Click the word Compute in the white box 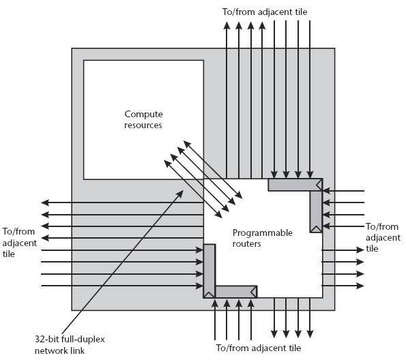(x=143, y=114)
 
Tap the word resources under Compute (x=143, y=125)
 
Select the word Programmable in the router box (x=262, y=233)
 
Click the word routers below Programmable (x=246, y=244)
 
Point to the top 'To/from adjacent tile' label (x=265, y=12)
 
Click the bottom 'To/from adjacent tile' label (x=259, y=348)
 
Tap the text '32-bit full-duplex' (x=70, y=340)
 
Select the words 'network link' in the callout (x=59, y=350)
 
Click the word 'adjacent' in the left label (x=20, y=243)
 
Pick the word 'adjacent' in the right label (x=383, y=237)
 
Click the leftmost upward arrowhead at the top (x=227, y=25)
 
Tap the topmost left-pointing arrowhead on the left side (x=45, y=202)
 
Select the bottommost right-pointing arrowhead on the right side (x=360, y=286)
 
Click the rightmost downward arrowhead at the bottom (x=310, y=334)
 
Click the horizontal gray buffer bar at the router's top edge (x=295, y=185)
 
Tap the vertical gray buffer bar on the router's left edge (x=209, y=271)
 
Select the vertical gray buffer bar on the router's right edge (x=316, y=209)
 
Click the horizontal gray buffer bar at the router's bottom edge (x=236, y=292)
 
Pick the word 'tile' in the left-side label (x=9, y=254)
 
